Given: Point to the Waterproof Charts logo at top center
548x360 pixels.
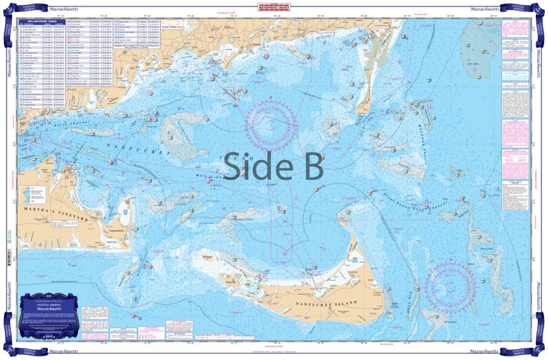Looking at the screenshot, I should coord(274,8).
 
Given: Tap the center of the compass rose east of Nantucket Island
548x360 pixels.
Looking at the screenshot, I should coord(450,283).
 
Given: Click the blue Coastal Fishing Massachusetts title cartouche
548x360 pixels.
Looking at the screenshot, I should coord(48,315).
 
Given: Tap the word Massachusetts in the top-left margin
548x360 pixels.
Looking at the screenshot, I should coord(63,9).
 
